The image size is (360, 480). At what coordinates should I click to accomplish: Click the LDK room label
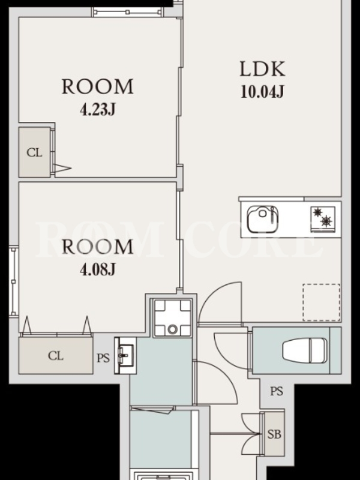pyautogui.click(x=262, y=69)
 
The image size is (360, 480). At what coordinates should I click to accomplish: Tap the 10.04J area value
pyautogui.click(x=262, y=91)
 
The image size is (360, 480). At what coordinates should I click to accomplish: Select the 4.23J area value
pyautogui.click(x=98, y=109)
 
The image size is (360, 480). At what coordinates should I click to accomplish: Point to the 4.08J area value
pyautogui.click(x=98, y=269)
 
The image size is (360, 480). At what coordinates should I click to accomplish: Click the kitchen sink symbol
pyautogui.click(x=263, y=219)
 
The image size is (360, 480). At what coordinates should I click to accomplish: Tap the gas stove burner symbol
pyautogui.click(x=323, y=218)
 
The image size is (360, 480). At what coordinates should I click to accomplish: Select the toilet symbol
pyautogui.click(x=304, y=350)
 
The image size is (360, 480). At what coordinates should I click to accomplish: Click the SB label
pyautogui.click(x=274, y=434)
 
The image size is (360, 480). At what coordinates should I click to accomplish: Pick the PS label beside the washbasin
pyautogui.click(x=103, y=358)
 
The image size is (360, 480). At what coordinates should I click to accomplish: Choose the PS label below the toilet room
pyautogui.click(x=277, y=391)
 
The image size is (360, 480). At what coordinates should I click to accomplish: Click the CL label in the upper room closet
pyautogui.click(x=34, y=152)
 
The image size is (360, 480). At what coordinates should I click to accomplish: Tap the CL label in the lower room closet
pyautogui.click(x=56, y=356)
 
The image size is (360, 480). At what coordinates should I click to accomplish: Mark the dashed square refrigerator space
pyautogui.click(x=322, y=302)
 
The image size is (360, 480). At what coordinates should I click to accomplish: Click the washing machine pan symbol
pyautogui.click(x=172, y=317)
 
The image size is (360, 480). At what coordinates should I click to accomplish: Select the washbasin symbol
pyautogui.click(x=125, y=355)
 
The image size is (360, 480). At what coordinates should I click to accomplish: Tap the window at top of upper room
pyautogui.click(x=127, y=12)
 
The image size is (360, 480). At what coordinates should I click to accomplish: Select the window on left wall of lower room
pyautogui.click(x=13, y=281)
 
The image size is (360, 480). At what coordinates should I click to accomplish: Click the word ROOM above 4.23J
pyautogui.click(x=98, y=86)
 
